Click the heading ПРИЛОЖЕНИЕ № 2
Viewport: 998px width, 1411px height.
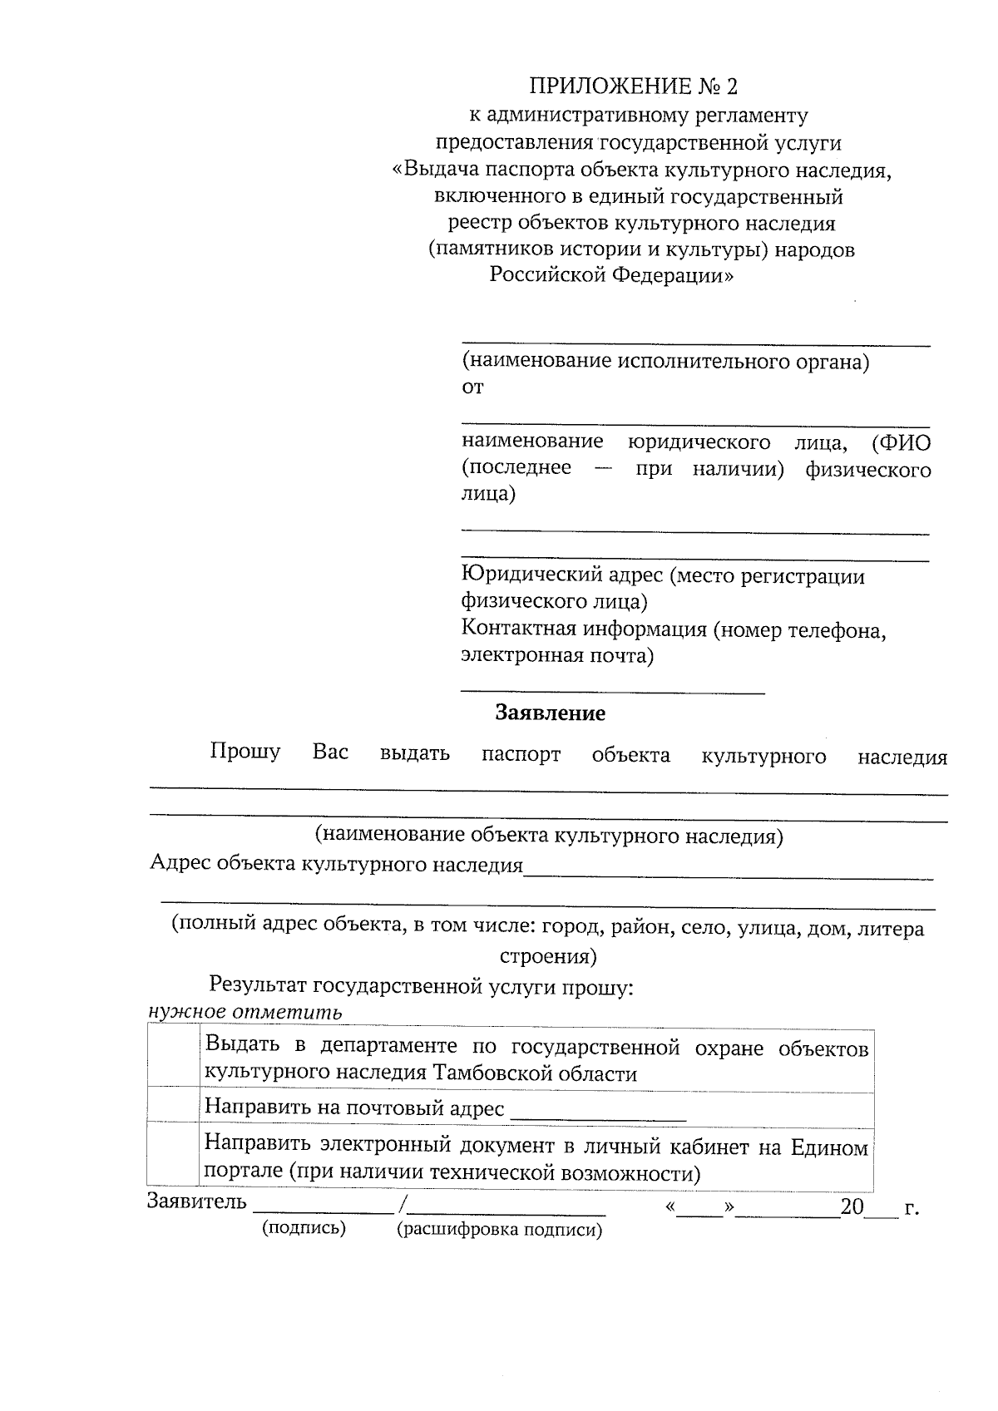[634, 86]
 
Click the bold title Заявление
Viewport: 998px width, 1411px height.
[550, 713]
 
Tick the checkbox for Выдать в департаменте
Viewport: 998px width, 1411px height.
[174, 1057]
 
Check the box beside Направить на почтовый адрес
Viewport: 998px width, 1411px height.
[174, 1107]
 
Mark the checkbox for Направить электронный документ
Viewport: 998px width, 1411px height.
[174, 1155]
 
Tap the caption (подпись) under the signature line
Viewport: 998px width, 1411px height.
[304, 1228]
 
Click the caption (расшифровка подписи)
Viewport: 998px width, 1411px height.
[499, 1230]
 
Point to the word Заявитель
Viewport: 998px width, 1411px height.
[197, 1202]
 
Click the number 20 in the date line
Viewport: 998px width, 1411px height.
[852, 1207]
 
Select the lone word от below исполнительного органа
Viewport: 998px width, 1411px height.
[472, 387]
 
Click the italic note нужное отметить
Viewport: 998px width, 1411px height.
[245, 1012]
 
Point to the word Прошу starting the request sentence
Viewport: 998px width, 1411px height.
[245, 752]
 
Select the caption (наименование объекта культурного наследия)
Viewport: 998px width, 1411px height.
[549, 836]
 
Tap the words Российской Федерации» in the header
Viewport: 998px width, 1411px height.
[611, 275]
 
